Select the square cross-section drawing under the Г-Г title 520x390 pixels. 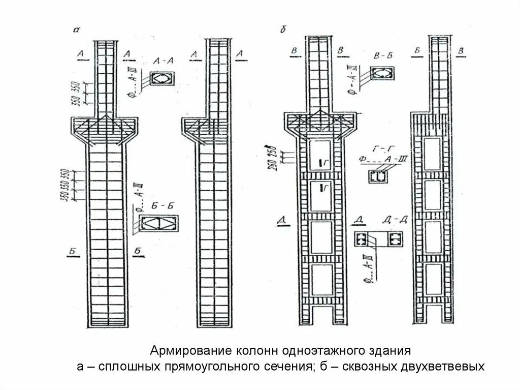[377, 176]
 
